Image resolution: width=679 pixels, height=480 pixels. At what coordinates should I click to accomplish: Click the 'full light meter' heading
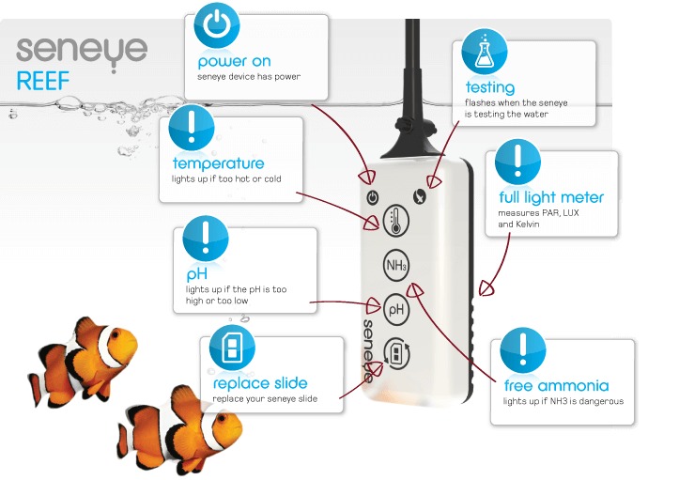pos(551,197)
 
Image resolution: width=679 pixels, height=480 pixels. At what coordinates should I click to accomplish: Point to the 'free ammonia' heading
pos(556,386)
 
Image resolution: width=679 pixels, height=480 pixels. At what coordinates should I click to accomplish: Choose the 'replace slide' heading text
pos(260,383)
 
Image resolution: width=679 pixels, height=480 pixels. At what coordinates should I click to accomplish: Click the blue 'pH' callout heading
pos(196,275)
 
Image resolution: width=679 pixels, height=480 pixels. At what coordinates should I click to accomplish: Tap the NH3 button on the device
pos(396,267)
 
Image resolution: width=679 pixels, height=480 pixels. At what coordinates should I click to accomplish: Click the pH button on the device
pos(396,307)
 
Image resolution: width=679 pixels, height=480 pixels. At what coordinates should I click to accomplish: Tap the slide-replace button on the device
pos(396,353)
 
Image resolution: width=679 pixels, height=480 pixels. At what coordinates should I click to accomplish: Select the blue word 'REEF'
pos(43,81)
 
